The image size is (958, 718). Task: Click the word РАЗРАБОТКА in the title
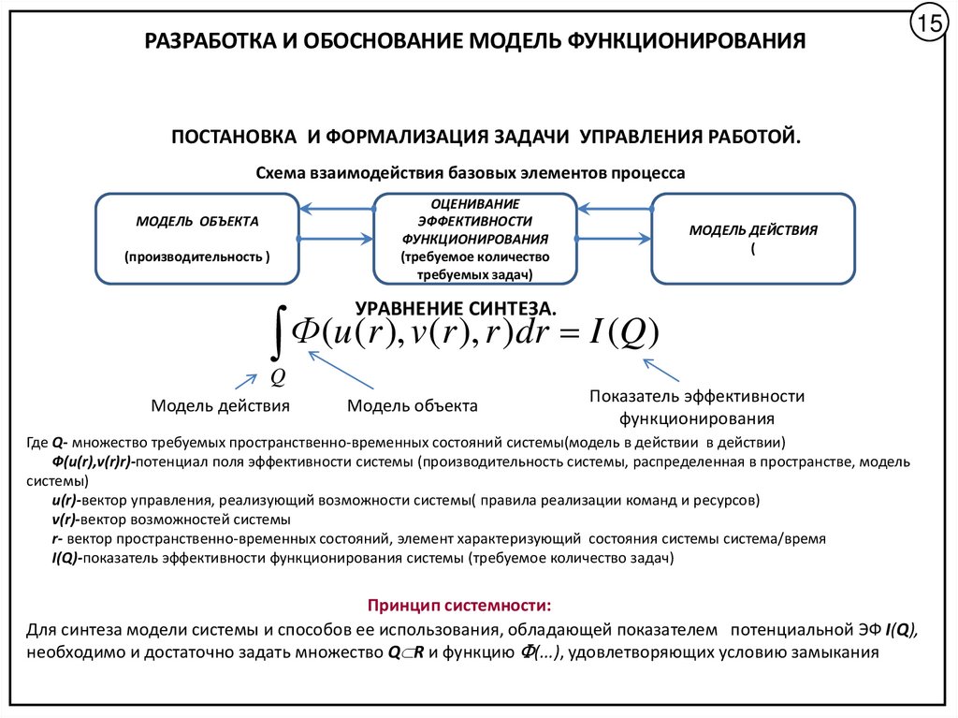207,42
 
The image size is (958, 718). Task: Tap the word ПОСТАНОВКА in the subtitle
229,137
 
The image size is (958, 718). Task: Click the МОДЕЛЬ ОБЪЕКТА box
197,238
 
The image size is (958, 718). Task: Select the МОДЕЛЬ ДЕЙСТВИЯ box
753,238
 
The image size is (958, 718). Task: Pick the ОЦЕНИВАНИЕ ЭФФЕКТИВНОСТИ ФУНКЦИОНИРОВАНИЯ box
475,238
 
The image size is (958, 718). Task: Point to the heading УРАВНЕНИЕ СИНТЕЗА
456,308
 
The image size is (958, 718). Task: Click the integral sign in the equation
277,342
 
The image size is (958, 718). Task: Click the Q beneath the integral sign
277,377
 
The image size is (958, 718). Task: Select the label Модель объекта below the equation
413,406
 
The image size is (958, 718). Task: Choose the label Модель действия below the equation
220,405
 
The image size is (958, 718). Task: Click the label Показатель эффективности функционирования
696,407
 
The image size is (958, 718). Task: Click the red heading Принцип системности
458,604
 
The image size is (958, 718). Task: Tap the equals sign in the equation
566,334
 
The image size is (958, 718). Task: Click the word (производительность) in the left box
196,255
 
